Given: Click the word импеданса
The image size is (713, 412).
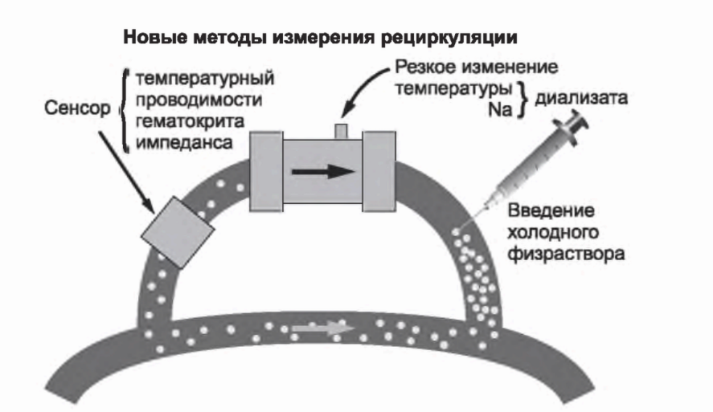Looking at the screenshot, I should pos(179,142).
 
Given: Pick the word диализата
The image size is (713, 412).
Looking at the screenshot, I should pos(583,100).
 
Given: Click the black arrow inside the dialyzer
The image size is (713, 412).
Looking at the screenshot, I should pos(322,170).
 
